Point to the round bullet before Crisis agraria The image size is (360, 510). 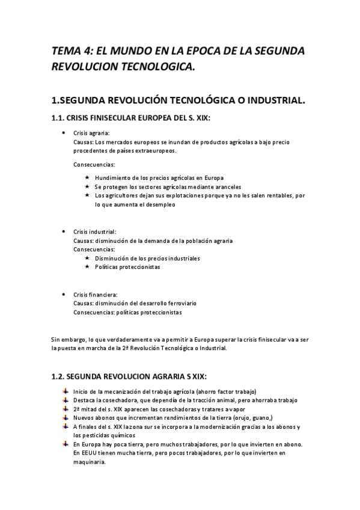click(x=64, y=133)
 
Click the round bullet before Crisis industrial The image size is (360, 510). click(x=64, y=232)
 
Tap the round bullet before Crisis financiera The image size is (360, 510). click(x=64, y=295)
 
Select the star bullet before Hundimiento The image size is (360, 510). click(x=88, y=177)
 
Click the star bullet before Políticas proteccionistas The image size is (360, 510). click(x=88, y=267)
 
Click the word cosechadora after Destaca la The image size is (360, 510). click(x=121, y=401)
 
